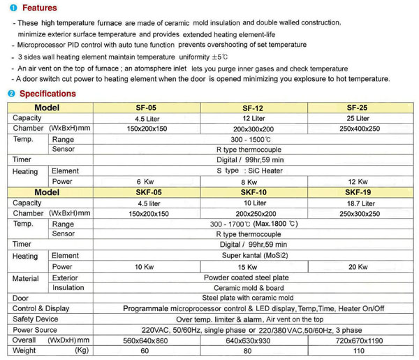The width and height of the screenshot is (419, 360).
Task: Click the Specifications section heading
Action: [47, 94]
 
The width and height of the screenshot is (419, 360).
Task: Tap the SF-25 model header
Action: [356, 108]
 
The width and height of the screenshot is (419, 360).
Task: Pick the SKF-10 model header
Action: [253, 192]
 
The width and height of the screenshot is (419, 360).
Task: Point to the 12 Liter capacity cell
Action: [253, 118]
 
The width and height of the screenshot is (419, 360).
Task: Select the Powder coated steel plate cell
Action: [253, 278]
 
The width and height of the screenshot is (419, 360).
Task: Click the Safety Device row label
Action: [36, 319]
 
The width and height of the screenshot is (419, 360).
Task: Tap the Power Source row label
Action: [36, 329]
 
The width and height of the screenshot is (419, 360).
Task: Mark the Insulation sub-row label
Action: [68, 287]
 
